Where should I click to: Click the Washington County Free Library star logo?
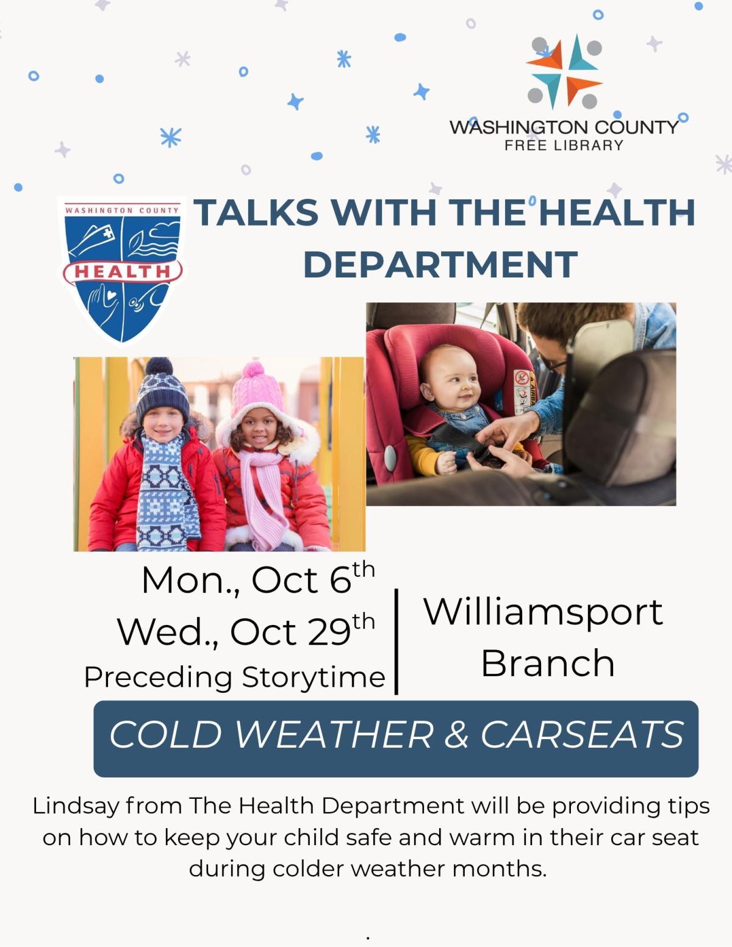tap(564, 71)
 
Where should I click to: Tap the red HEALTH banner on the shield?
tap(122, 271)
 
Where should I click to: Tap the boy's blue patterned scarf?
tap(165, 488)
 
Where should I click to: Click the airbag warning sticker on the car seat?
tap(523, 390)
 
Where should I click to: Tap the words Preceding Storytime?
tap(235, 677)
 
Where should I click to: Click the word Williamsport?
tap(543, 611)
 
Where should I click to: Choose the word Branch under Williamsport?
tap(547, 663)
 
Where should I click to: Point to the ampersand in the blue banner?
tap(456, 734)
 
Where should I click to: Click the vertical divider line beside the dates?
tap(396, 641)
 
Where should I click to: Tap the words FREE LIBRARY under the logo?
tap(564, 145)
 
